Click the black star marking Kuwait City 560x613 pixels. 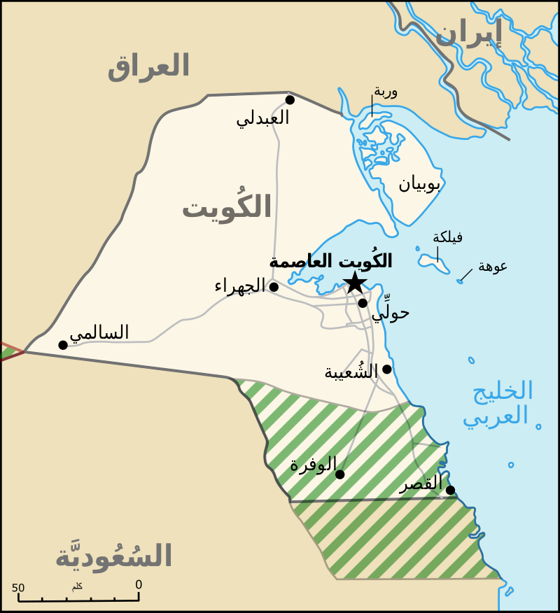pyautogui.click(x=355, y=283)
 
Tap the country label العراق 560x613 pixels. pyautogui.click(x=148, y=66)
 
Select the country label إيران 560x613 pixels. pyautogui.click(x=468, y=32)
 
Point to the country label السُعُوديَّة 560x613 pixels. pyautogui.click(x=113, y=556)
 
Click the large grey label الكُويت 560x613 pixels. pyautogui.click(x=227, y=207)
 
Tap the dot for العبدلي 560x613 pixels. pyautogui.click(x=290, y=100)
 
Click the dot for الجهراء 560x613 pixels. pyautogui.click(x=274, y=287)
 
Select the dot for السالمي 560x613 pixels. pyautogui.click(x=63, y=345)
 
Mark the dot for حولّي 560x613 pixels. pyautogui.click(x=363, y=303)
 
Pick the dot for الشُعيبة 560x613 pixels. pyautogui.click(x=387, y=369)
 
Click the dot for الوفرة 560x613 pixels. pyautogui.click(x=339, y=474)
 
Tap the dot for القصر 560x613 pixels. pyautogui.click(x=450, y=490)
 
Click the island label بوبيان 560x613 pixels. pyautogui.click(x=420, y=184)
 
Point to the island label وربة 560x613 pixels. pyautogui.click(x=386, y=92)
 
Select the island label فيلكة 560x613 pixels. pyautogui.click(x=447, y=237)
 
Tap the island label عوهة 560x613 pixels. pyautogui.click(x=493, y=266)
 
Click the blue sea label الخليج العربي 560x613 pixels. pyautogui.click(x=496, y=403)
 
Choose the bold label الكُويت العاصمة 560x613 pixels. pyautogui.click(x=330, y=262)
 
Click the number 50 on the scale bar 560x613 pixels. pyautogui.click(x=18, y=588)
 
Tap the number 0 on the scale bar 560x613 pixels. pyautogui.click(x=139, y=584)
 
